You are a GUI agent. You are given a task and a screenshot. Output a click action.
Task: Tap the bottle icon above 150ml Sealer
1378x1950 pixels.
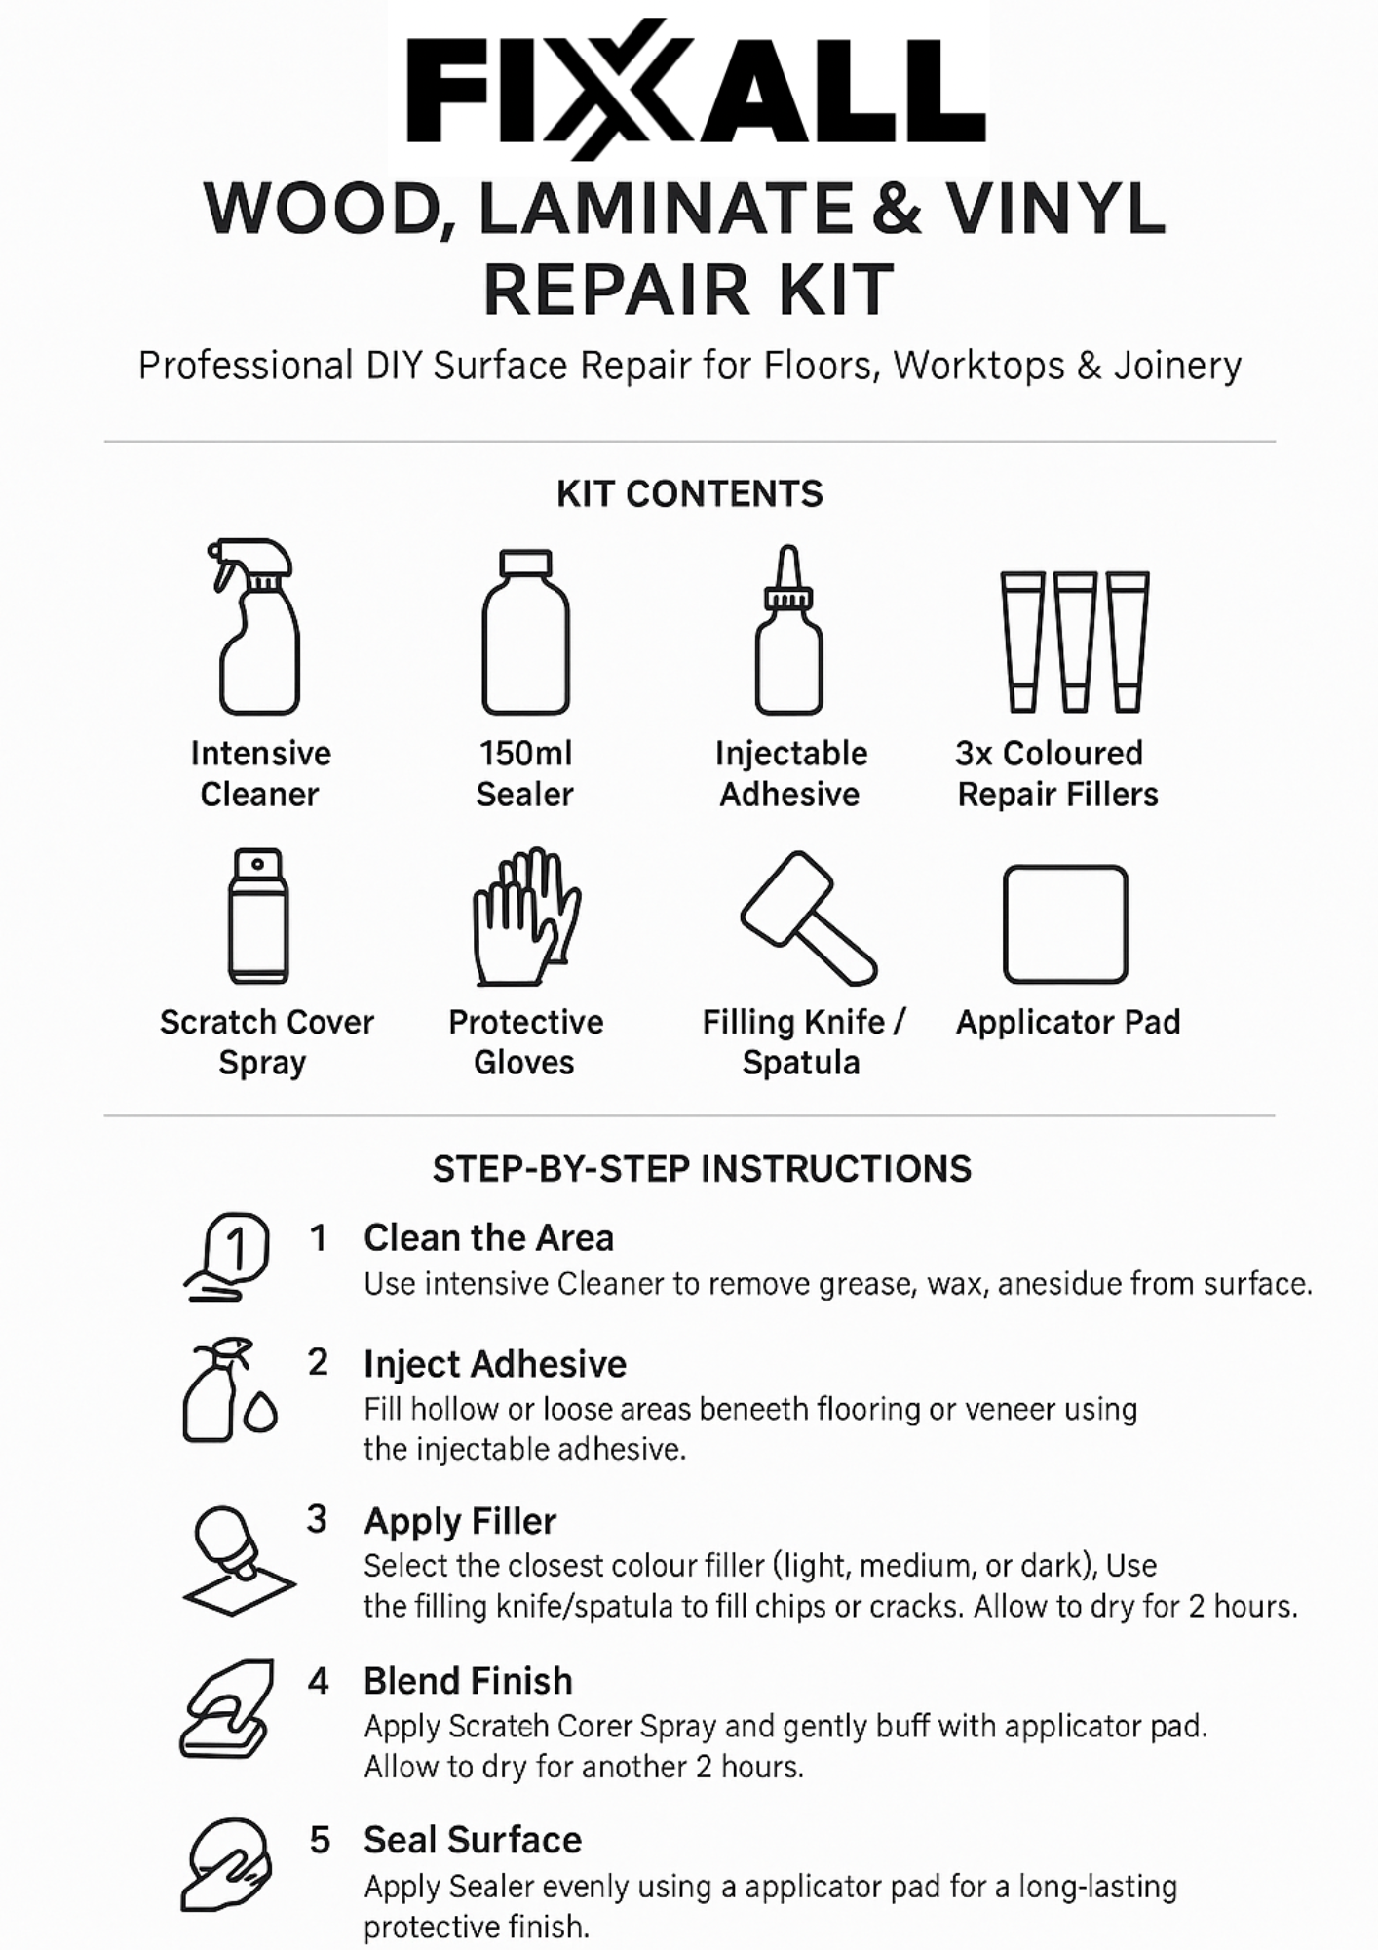point(525,632)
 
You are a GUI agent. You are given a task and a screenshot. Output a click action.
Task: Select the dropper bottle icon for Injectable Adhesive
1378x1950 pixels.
point(789,632)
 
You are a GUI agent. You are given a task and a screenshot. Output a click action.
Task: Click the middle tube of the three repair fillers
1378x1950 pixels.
point(1075,641)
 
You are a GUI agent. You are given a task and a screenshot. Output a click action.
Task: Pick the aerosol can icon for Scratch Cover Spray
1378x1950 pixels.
point(258,916)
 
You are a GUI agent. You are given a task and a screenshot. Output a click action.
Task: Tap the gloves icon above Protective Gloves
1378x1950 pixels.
point(526,916)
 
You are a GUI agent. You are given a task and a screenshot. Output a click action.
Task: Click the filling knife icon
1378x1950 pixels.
point(808,917)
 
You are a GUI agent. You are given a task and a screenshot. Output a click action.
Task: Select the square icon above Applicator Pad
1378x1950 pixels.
point(1065,923)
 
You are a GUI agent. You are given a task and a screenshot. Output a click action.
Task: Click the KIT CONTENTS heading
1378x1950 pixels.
point(690,494)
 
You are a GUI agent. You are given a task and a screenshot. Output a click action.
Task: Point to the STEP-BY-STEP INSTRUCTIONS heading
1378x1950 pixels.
point(702,1169)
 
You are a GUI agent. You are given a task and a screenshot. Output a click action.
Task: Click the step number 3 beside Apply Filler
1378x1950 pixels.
point(317,1519)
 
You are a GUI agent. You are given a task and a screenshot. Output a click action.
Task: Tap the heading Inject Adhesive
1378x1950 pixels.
point(495,1364)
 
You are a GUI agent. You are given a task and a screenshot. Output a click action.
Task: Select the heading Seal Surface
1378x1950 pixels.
point(473,1840)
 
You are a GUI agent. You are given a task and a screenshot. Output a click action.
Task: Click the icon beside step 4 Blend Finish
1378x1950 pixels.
point(225,1708)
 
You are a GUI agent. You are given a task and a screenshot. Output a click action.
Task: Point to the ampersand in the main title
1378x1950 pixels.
point(897,209)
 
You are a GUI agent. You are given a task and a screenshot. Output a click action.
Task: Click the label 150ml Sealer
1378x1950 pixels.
point(525,774)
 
